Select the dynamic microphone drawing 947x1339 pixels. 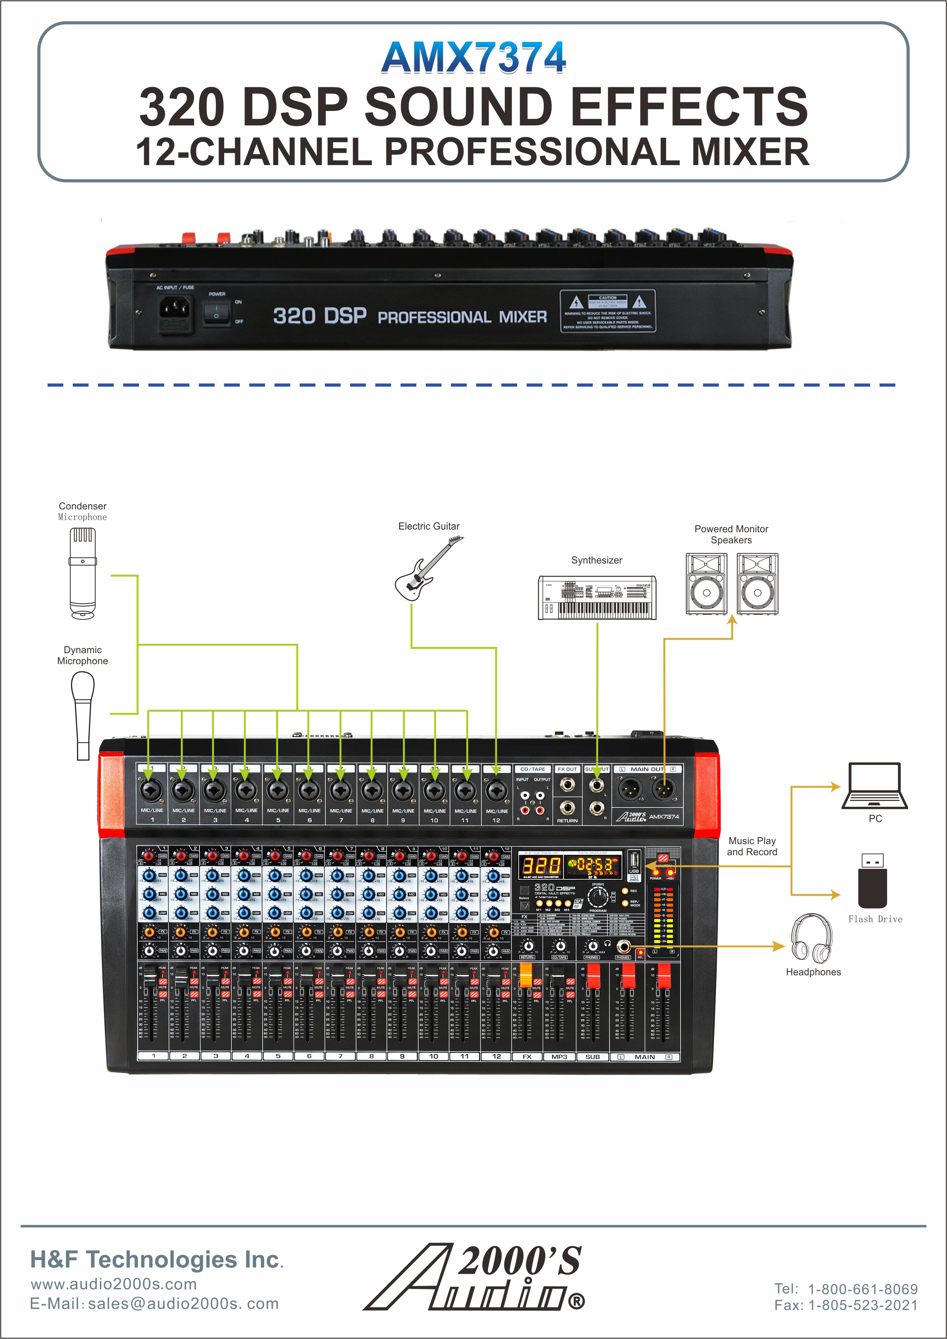click(83, 714)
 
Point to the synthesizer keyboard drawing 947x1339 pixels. click(597, 598)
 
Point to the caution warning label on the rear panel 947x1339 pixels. click(608, 311)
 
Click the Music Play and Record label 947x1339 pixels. click(752, 846)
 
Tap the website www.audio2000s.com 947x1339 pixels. click(114, 1284)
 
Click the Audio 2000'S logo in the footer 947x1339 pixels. click(473, 1277)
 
